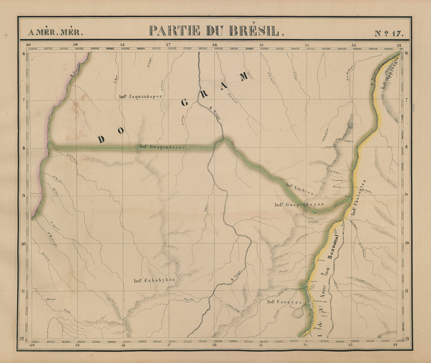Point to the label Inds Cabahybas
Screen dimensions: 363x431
pos(154,280)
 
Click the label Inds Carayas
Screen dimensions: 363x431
pos(285,302)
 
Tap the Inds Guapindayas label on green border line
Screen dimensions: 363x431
pos(161,147)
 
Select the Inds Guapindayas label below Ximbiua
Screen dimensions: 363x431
pos(299,205)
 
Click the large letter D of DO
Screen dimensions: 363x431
pos(102,139)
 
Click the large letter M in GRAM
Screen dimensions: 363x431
pos(244,76)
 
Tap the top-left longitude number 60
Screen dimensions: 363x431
pos(29,44)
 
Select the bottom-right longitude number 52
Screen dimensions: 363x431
pos(400,344)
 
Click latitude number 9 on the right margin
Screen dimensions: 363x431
pos(407,195)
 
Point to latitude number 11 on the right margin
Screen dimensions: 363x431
pos(407,291)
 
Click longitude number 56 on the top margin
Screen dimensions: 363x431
pos(215,44)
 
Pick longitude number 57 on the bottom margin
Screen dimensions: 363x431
pos(169,344)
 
